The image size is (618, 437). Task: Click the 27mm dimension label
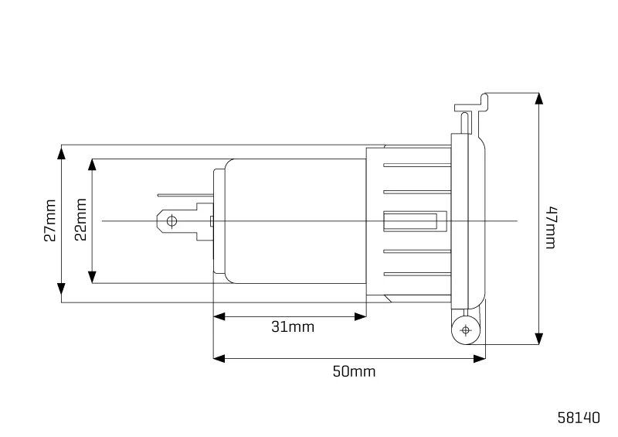[x=50, y=220]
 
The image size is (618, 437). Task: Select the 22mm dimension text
[x=80, y=220]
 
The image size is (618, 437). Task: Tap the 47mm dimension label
[x=551, y=227]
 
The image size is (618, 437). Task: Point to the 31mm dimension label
[x=293, y=327]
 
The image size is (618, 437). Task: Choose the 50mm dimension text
[x=354, y=371]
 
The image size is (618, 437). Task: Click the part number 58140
[x=579, y=417]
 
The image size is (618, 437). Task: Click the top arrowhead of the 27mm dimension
[x=62, y=152]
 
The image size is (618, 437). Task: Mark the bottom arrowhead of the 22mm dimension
[x=92, y=277]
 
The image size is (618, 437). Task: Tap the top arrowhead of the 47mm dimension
[x=538, y=99]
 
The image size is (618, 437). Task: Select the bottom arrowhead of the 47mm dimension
[x=538, y=338]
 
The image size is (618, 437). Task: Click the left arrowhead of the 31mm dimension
[x=219, y=316]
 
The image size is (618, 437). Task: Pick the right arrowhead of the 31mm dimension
[x=360, y=316]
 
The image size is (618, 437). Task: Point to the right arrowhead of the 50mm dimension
[x=479, y=358]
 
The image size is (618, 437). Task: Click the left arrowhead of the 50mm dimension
[x=219, y=358]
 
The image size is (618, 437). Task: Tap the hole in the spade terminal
[x=171, y=221]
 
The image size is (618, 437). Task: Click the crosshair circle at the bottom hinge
[x=466, y=330]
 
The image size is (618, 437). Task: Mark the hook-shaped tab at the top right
[x=472, y=104]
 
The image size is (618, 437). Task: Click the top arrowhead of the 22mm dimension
[x=92, y=166]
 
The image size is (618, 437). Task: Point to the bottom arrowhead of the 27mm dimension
[x=62, y=289]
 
